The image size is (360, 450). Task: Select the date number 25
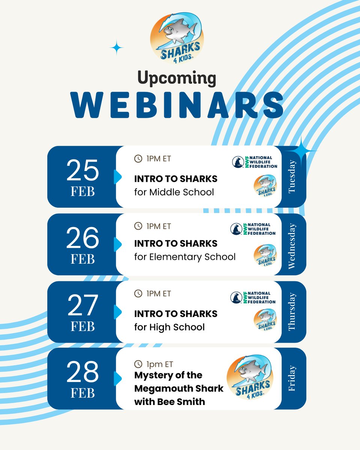coord(82,171)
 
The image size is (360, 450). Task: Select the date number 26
coord(82,238)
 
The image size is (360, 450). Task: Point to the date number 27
coord(82,306)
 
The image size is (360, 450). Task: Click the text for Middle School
coord(174,192)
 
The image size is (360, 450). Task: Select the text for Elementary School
coord(185,257)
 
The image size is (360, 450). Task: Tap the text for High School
coord(169,327)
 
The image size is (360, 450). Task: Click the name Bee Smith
coord(182,402)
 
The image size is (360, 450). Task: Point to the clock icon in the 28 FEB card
coord(138,364)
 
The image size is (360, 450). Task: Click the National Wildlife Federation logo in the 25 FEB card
coord(254,162)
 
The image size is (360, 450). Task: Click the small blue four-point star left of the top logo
coord(117,48)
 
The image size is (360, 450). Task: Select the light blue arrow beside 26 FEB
coord(118,244)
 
